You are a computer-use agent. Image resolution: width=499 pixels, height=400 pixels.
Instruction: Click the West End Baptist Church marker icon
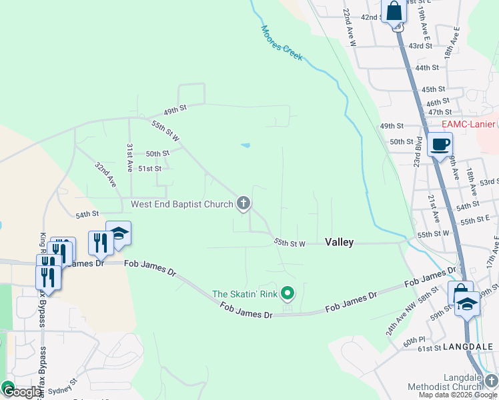click(x=244, y=203)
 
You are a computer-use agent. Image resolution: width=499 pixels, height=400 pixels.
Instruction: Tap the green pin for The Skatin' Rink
click(x=288, y=293)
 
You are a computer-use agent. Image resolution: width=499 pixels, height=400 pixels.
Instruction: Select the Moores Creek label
click(x=282, y=43)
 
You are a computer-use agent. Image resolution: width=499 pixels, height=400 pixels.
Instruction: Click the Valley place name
click(x=339, y=243)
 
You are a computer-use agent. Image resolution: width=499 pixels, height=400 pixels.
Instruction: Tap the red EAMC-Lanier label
click(x=468, y=124)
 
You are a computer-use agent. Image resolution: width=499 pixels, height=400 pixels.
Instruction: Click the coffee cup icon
click(x=440, y=144)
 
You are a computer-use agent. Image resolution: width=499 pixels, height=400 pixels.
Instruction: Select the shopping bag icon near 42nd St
click(x=394, y=11)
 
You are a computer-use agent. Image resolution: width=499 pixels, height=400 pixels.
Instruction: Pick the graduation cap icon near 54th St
click(x=119, y=234)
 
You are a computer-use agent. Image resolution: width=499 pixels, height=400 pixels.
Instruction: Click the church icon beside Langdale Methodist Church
click(x=492, y=379)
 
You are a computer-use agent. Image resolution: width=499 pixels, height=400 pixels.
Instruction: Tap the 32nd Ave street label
click(x=105, y=174)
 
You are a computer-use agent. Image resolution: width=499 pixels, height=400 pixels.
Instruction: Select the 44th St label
click(x=426, y=67)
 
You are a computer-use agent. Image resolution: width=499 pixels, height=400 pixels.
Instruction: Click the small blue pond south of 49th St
click(x=245, y=145)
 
